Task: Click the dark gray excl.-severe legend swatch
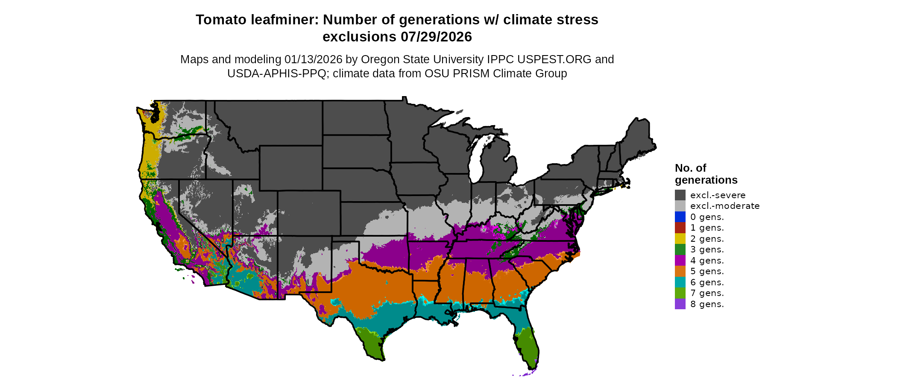click(680, 195)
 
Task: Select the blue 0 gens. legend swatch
click(680, 217)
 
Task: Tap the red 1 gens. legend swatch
click(680, 228)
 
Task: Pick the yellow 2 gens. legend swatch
click(680, 239)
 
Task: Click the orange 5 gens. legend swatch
click(680, 271)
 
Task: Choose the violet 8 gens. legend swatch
click(680, 304)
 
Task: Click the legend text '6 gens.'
click(707, 282)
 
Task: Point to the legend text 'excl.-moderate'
click(724, 206)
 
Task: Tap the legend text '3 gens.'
click(707, 249)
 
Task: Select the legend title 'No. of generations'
click(706, 174)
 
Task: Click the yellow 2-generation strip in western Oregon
click(149, 154)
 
